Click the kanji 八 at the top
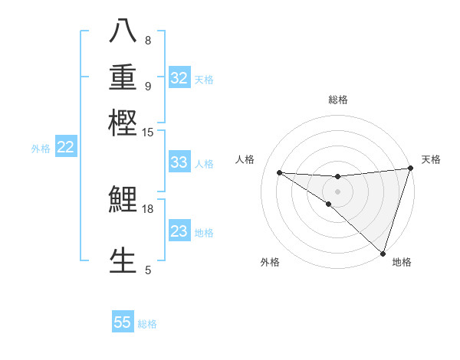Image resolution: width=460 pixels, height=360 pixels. [123, 31]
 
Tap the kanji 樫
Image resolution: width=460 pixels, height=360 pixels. [123, 122]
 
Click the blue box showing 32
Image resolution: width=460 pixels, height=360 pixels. [179, 78]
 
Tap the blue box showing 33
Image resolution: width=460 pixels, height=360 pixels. [179, 162]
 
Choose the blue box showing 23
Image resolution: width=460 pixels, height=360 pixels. [179, 231]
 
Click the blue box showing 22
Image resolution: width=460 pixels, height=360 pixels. [66, 147]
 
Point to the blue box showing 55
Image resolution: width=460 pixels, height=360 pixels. [123, 322]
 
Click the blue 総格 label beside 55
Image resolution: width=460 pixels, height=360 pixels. [147, 324]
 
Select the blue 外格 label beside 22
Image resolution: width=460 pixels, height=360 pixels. [41, 149]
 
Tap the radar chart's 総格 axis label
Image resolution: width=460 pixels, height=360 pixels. [337, 100]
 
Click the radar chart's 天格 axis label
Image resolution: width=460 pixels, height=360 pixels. [431, 159]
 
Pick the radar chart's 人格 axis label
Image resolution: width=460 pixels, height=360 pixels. [245, 159]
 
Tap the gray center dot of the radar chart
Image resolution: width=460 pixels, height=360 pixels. [337, 191]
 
